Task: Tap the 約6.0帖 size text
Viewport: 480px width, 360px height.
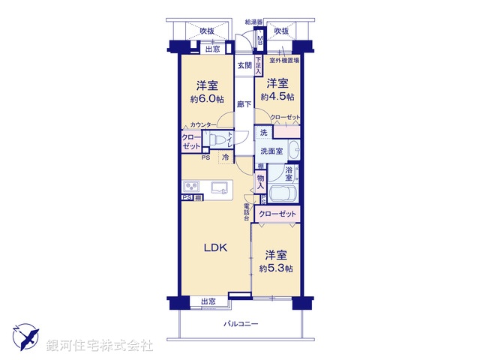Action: tap(207, 97)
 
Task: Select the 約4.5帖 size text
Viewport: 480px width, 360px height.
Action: tap(277, 97)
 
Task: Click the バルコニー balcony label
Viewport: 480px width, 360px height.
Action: tap(240, 324)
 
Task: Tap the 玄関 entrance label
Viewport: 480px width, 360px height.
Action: tap(244, 66)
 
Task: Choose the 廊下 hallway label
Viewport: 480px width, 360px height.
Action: tap(244, 104)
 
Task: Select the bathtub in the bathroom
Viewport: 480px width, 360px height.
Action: tap(283, 193)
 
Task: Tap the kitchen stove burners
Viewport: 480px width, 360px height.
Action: tap(190, 187)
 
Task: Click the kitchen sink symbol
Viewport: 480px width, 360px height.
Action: tap(220, 187)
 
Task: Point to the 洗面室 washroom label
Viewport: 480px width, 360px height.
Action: tap(271, 151)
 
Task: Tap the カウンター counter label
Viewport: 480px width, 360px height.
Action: tap(203, 124)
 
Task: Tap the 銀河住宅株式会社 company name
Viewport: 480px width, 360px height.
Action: tap(100, 345)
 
